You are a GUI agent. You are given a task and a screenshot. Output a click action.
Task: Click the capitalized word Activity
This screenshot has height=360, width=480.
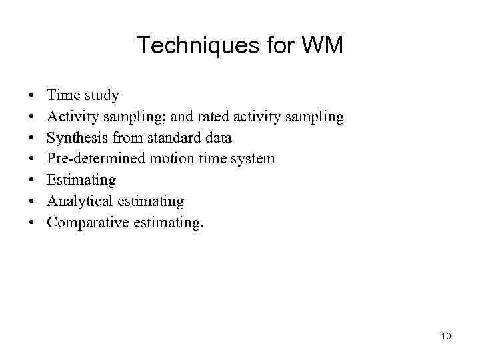point(73,117)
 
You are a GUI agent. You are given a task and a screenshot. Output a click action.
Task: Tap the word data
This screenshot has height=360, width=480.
point(217,137)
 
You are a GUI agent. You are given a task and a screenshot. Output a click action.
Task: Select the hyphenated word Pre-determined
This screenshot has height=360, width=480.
point(97,159)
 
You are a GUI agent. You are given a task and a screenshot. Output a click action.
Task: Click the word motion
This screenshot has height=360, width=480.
point(169,159)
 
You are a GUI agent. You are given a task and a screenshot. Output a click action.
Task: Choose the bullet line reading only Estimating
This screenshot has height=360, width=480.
point(81,180)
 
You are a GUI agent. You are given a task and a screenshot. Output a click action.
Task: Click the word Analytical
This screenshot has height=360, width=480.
point(80,201)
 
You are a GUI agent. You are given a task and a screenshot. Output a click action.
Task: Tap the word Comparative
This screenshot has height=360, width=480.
point(87,222)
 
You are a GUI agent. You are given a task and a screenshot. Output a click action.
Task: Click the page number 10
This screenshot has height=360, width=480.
point(446,336)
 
